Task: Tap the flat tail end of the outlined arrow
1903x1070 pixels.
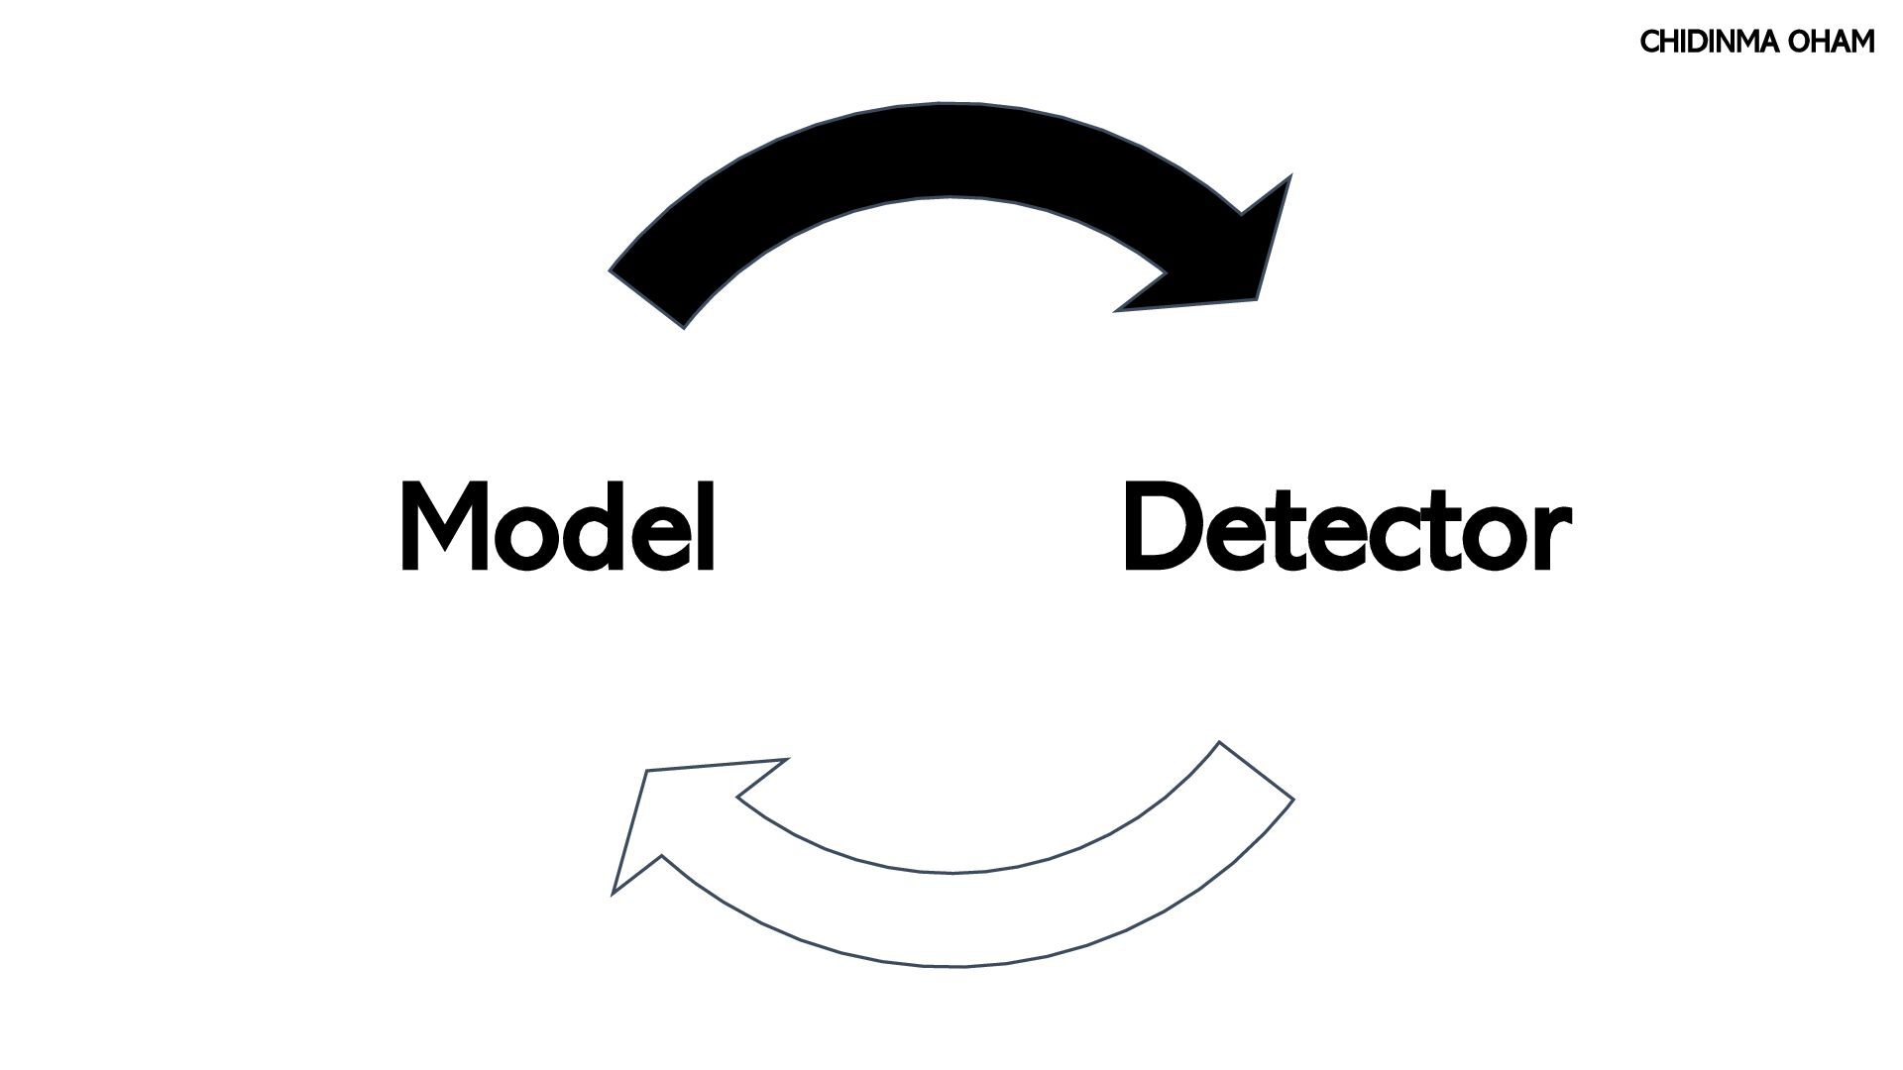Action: (x=1256, y=771)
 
